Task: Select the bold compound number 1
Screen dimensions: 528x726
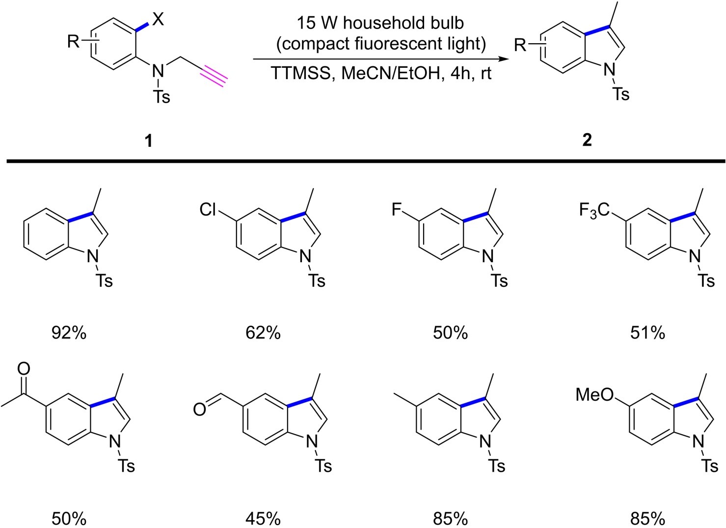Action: click(x=148, y=141)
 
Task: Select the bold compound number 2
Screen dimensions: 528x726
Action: click(x=587, y=140)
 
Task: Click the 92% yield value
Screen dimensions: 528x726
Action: click(x=69, y=333)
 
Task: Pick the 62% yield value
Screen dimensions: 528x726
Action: click(x=263, y=333)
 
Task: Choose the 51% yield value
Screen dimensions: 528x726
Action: click(x=647, y=333)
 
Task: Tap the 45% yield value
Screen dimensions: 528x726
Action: click(x=263, y=518)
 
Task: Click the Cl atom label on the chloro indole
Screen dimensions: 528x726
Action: click(x=208, y=210)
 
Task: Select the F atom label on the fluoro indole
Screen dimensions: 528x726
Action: click(x=397, y=210)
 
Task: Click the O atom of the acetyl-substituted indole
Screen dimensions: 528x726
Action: click(x=24, y=369)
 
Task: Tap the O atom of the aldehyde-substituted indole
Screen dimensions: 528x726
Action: click(x=199, y=409)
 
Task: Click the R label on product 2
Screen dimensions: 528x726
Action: click(x=520, y=46)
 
